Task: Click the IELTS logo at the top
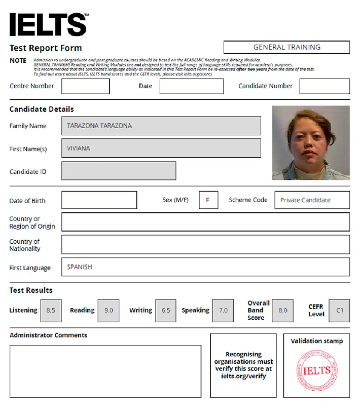click(49, 24)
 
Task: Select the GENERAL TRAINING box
click(286, 47)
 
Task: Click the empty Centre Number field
click(86, 86)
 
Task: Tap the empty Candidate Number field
click(325, 86)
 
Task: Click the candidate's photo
click(311, 142)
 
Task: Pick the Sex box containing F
click(208, 200)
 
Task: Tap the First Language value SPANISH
click(80, 267)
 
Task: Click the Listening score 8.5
click(51, 310)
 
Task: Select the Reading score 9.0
click(109, 310)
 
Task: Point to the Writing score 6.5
click(166, 310)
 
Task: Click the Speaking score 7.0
click(223, 310)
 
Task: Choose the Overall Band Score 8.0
click(282, 310)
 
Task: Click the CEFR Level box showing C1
click(340, 310)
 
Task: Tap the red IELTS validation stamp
click(316, 370)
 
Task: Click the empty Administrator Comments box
click(105, 371)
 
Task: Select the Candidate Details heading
click(42, 109)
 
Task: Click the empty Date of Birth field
click(99, 200)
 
